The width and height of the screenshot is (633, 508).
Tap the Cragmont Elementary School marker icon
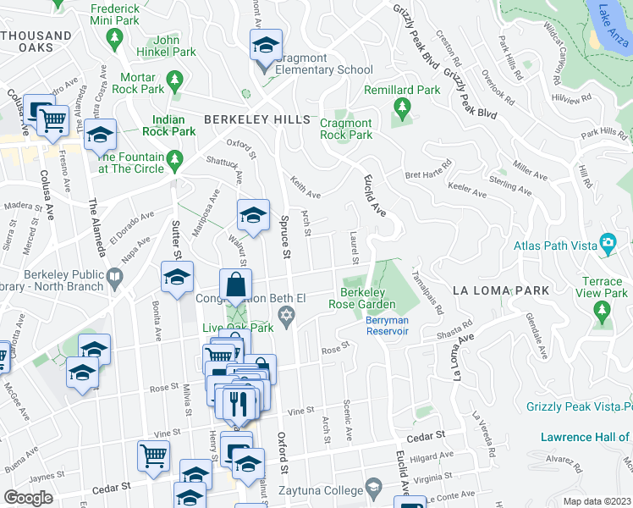[266, 47]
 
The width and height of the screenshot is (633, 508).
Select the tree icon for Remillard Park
[402, 107]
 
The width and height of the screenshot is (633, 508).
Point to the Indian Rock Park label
[173, 125]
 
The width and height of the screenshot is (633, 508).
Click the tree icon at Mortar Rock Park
[175, 81]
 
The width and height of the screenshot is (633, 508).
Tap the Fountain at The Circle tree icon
[175, 158]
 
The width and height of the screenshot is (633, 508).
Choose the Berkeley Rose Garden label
[368, 297]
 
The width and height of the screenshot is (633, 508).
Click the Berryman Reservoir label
[388, 325]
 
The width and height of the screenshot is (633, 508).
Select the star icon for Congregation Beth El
[287, 316]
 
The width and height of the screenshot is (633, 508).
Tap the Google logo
[28, 498]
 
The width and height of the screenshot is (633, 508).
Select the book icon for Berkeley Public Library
[114, 276]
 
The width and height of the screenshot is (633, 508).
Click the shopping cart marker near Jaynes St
[153, 456]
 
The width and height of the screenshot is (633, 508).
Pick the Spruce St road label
[284, 236]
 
